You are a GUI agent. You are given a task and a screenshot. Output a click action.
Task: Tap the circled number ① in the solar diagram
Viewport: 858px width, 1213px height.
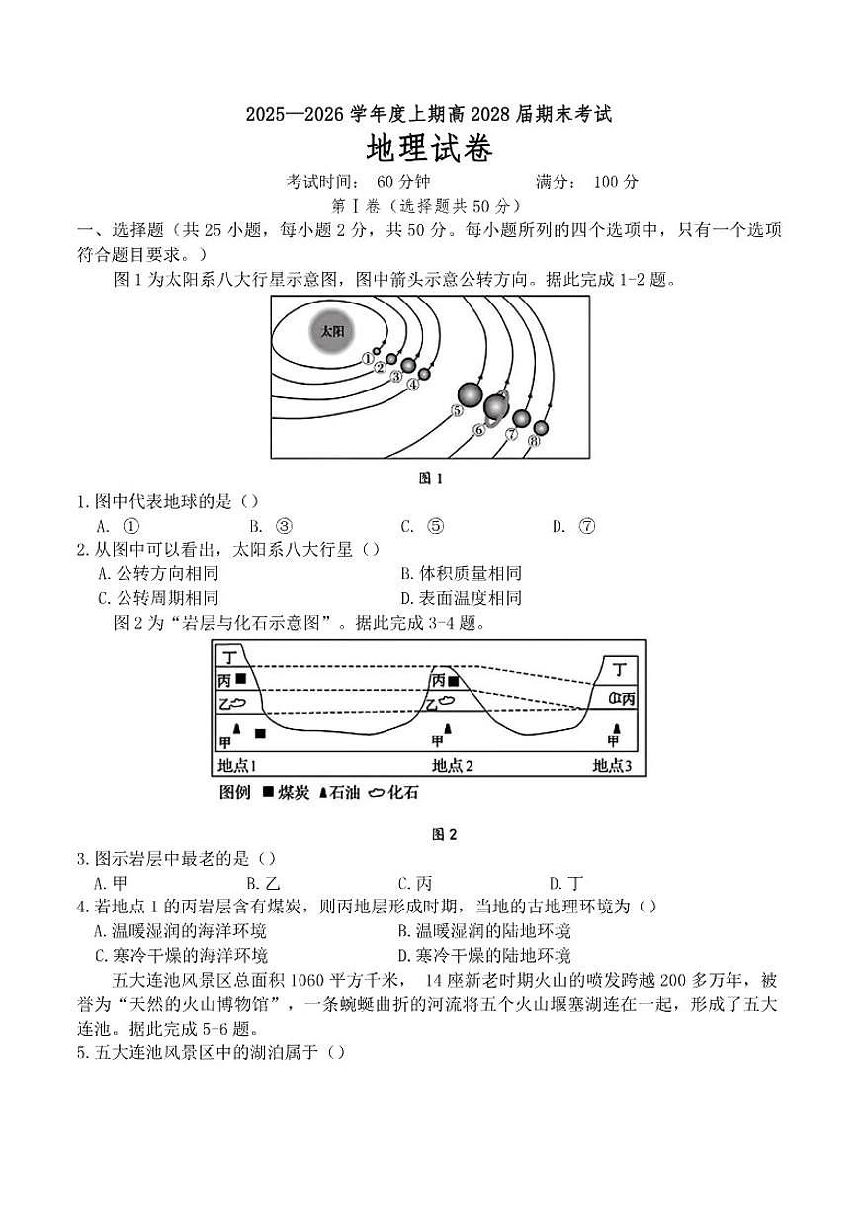tap(368, 358)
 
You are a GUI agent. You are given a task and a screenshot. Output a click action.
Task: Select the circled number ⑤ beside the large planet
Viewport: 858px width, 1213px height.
tap(457, 410)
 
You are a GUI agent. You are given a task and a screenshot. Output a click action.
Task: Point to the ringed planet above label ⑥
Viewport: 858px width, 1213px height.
tap(496, 405)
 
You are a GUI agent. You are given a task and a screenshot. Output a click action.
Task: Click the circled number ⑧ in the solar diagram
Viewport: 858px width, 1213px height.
tap(534, 441)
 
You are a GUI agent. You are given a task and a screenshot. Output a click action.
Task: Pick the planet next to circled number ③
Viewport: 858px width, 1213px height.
tap(408, 365)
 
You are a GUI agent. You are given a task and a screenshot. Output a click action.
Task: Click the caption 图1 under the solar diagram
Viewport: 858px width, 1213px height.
tap(431, 478)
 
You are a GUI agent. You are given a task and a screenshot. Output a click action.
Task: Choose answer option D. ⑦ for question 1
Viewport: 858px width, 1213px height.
tap(574, 526)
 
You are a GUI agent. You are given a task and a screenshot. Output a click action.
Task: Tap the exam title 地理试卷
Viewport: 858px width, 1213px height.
tap(429, 149)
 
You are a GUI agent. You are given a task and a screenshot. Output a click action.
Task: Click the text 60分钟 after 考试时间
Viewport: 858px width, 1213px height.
tap(403, 182)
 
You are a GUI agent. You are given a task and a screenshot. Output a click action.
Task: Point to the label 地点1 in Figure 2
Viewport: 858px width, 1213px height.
tap(237, 765)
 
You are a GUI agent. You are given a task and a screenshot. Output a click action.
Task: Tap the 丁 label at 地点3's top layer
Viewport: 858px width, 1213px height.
tap(620, 669)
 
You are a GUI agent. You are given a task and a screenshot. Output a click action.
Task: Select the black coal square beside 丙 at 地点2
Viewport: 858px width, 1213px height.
tap(453, 681)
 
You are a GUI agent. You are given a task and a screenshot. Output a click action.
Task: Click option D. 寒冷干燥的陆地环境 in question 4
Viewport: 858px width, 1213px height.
tap(484, 955)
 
